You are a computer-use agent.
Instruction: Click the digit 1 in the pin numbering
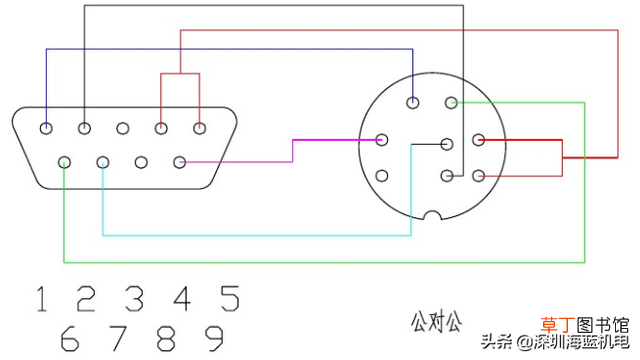pos(41,299)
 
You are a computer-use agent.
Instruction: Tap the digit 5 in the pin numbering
pos(230,298)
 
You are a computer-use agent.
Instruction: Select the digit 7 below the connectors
pos(118,338)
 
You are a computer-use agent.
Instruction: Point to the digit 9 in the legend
pos(214,338)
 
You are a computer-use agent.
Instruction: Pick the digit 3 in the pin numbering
pos(134,299)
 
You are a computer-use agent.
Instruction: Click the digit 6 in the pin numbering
pos(70,338)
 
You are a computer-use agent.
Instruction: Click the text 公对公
pos(436,322)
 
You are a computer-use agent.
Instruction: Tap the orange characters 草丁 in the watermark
pos(558,325)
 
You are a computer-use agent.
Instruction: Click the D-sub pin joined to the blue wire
pos(46,129)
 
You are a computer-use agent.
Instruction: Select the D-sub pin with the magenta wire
pos(180,162)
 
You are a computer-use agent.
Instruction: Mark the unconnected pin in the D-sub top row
pos(122,129)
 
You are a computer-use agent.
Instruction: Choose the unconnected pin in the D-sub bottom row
pos(141,162)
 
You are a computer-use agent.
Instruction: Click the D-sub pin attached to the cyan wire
pos(103,162)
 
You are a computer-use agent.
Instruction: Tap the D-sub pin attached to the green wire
pos(64,162)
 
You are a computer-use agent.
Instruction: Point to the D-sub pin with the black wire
pos(84,129)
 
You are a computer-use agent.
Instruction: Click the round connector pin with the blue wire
pos(413,102)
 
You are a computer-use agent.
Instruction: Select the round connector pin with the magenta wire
pos(382,140)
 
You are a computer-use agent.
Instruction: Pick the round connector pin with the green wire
pos(451,102)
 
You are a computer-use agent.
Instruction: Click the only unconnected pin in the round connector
pos(382,176)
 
